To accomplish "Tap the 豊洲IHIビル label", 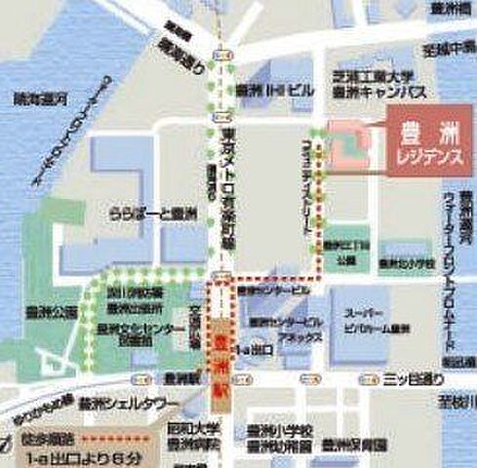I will tap(275, 89).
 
